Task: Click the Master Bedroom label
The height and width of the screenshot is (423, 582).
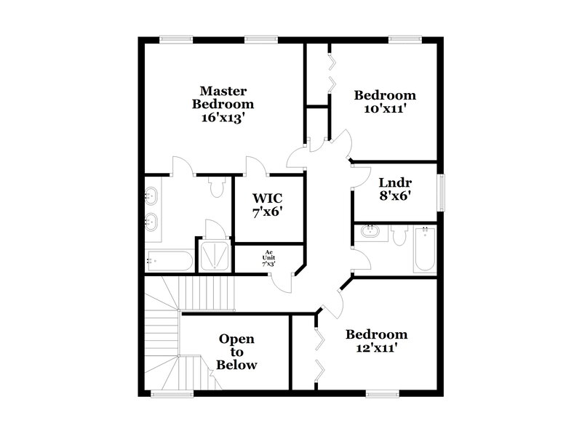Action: tap(223, 97)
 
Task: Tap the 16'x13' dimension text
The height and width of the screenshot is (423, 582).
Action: tap(223, 118)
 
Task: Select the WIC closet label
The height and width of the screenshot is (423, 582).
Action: tap(267, 198)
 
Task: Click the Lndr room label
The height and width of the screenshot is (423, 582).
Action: tap(395, 182)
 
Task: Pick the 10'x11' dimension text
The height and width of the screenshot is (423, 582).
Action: tap(385, 109)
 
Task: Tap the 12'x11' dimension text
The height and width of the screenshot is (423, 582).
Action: tap(376, 348)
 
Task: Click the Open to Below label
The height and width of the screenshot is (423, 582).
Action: tap(237, 352)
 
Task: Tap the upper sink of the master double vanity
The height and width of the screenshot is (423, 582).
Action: tap(153, 195)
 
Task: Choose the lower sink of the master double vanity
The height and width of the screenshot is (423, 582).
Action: tap(153, 220)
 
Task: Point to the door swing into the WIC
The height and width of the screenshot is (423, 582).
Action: tap(257, 166)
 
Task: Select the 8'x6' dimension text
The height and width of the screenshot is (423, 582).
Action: tap(395, 196)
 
